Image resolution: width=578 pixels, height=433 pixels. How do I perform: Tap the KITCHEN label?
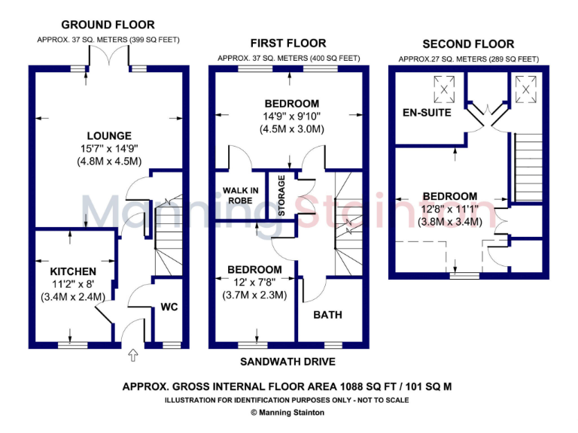73,271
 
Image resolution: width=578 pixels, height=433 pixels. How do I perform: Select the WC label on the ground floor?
169,307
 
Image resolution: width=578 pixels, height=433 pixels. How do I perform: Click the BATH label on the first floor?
327,314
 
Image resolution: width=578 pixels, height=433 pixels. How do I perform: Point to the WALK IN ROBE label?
240,194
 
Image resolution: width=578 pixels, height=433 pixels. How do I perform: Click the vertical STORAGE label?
281,195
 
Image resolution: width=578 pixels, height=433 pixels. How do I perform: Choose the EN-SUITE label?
427,113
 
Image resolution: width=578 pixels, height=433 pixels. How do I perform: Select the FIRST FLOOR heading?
289,44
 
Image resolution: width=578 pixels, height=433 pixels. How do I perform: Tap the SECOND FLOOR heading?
468,44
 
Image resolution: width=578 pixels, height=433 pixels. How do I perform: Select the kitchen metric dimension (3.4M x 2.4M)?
73,296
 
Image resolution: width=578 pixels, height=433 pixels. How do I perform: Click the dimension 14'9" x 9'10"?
292,116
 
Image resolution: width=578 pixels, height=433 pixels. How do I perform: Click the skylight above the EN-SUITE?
446,90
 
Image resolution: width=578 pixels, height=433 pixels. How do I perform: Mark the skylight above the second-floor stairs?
524,88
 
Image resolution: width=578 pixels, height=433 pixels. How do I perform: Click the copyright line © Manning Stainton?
288,413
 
